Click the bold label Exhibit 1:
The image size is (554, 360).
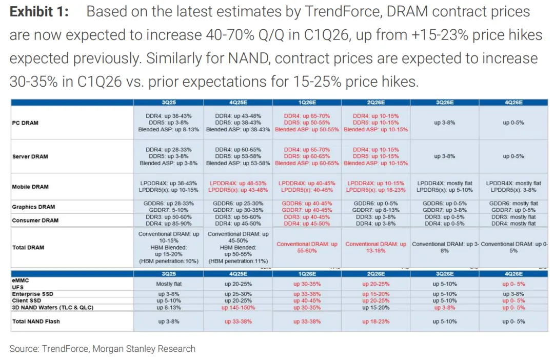(x=39, y=12)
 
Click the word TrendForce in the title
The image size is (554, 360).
(x=342, y=12)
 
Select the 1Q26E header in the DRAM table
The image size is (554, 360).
(x=307, y=103)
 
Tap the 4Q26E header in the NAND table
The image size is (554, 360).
(x=513, y=274)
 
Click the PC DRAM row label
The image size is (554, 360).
(x=25, y=123)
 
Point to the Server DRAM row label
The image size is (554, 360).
(x=30, y=156)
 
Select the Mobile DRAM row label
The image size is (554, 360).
(x=30, y=187)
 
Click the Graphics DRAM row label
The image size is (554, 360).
(x=33, y=207)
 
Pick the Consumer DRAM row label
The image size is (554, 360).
(x=35, y=220)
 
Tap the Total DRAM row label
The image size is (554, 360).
(x=28, y=247)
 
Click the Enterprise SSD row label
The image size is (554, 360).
(x=32, y=294)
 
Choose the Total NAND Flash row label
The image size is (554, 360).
(x=36, y=322)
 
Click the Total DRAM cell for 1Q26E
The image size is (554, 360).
(x=307, y=247)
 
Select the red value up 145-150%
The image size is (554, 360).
(x=238, y=308)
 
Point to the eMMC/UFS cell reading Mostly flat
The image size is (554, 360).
(x=169, y=284)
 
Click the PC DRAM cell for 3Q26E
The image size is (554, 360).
(x=444, y=123)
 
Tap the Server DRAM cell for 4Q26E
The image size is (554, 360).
(x=513, y=156)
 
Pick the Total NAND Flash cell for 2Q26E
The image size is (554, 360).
(x=375, y=322)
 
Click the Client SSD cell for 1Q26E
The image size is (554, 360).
(x=307, y=301)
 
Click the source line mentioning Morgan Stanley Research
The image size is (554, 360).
(x=103, y=349)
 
